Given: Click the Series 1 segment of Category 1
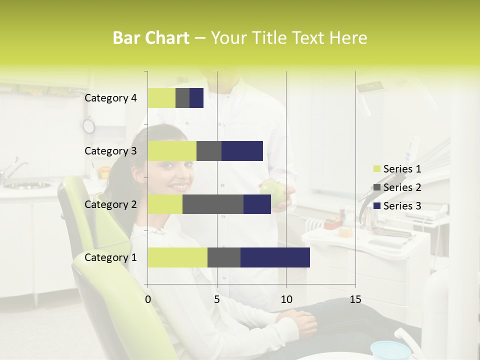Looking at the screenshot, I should [177, 257].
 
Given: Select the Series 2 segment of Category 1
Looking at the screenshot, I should [223, 257].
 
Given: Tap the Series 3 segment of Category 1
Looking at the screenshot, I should [275, 257].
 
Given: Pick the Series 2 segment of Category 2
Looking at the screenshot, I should [212, 204].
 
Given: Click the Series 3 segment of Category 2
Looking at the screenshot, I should [257, 204].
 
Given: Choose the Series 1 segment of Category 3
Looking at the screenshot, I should [172, 151].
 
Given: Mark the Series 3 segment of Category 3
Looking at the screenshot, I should [242, 151].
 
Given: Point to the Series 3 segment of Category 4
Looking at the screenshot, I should [196, 98].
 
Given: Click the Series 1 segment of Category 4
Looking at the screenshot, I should [161, 98].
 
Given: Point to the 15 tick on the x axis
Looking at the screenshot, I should [355, 299].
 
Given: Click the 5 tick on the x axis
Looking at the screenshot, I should [217, 299].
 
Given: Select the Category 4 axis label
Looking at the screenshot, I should [110, 98].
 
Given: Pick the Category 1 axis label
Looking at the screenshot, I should [110, 257].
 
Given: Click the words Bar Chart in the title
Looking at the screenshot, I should [151, 38].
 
